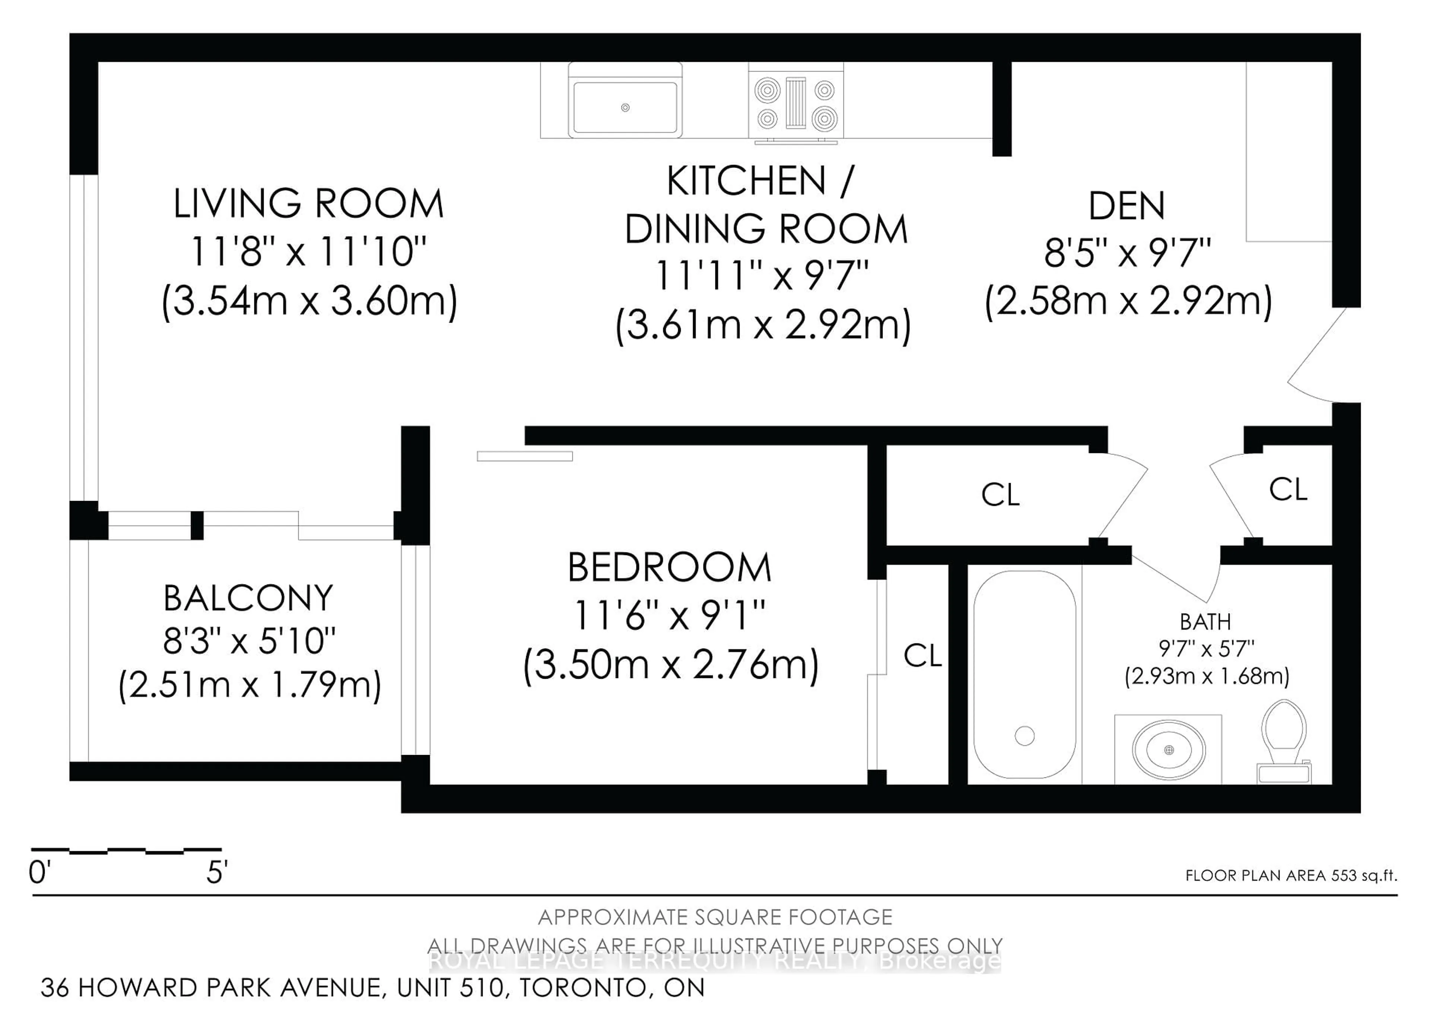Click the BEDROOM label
click(670, 567)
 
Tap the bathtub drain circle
click(1024, 736)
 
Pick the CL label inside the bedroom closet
click(922, 655)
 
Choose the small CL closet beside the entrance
click(1288, 489)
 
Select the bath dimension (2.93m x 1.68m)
click(1207, 676)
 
